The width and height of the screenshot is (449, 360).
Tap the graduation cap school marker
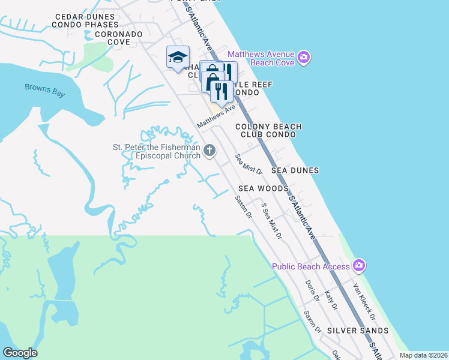coord(178,58)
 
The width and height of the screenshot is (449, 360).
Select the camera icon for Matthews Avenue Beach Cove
coord(304,57)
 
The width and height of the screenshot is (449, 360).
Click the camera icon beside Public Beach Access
coord(359,265)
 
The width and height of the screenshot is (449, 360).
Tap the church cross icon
coord(209,150)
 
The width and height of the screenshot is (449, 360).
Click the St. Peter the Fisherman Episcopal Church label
coord(156,151)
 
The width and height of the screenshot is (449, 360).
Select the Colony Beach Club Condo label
coord(268,131)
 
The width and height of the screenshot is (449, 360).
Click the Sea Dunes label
coord(295,170)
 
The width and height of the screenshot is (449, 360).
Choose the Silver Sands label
coord(357,331)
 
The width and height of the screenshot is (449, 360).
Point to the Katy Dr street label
coord(331,301)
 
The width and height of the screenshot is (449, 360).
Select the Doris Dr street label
coord(312,290)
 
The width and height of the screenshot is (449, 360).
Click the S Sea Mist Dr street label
coord(271,221)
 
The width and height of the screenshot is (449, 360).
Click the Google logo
coord(20,353)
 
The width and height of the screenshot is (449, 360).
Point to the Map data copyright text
coord(423,355)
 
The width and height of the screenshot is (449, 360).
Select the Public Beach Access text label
coord(310,266)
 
